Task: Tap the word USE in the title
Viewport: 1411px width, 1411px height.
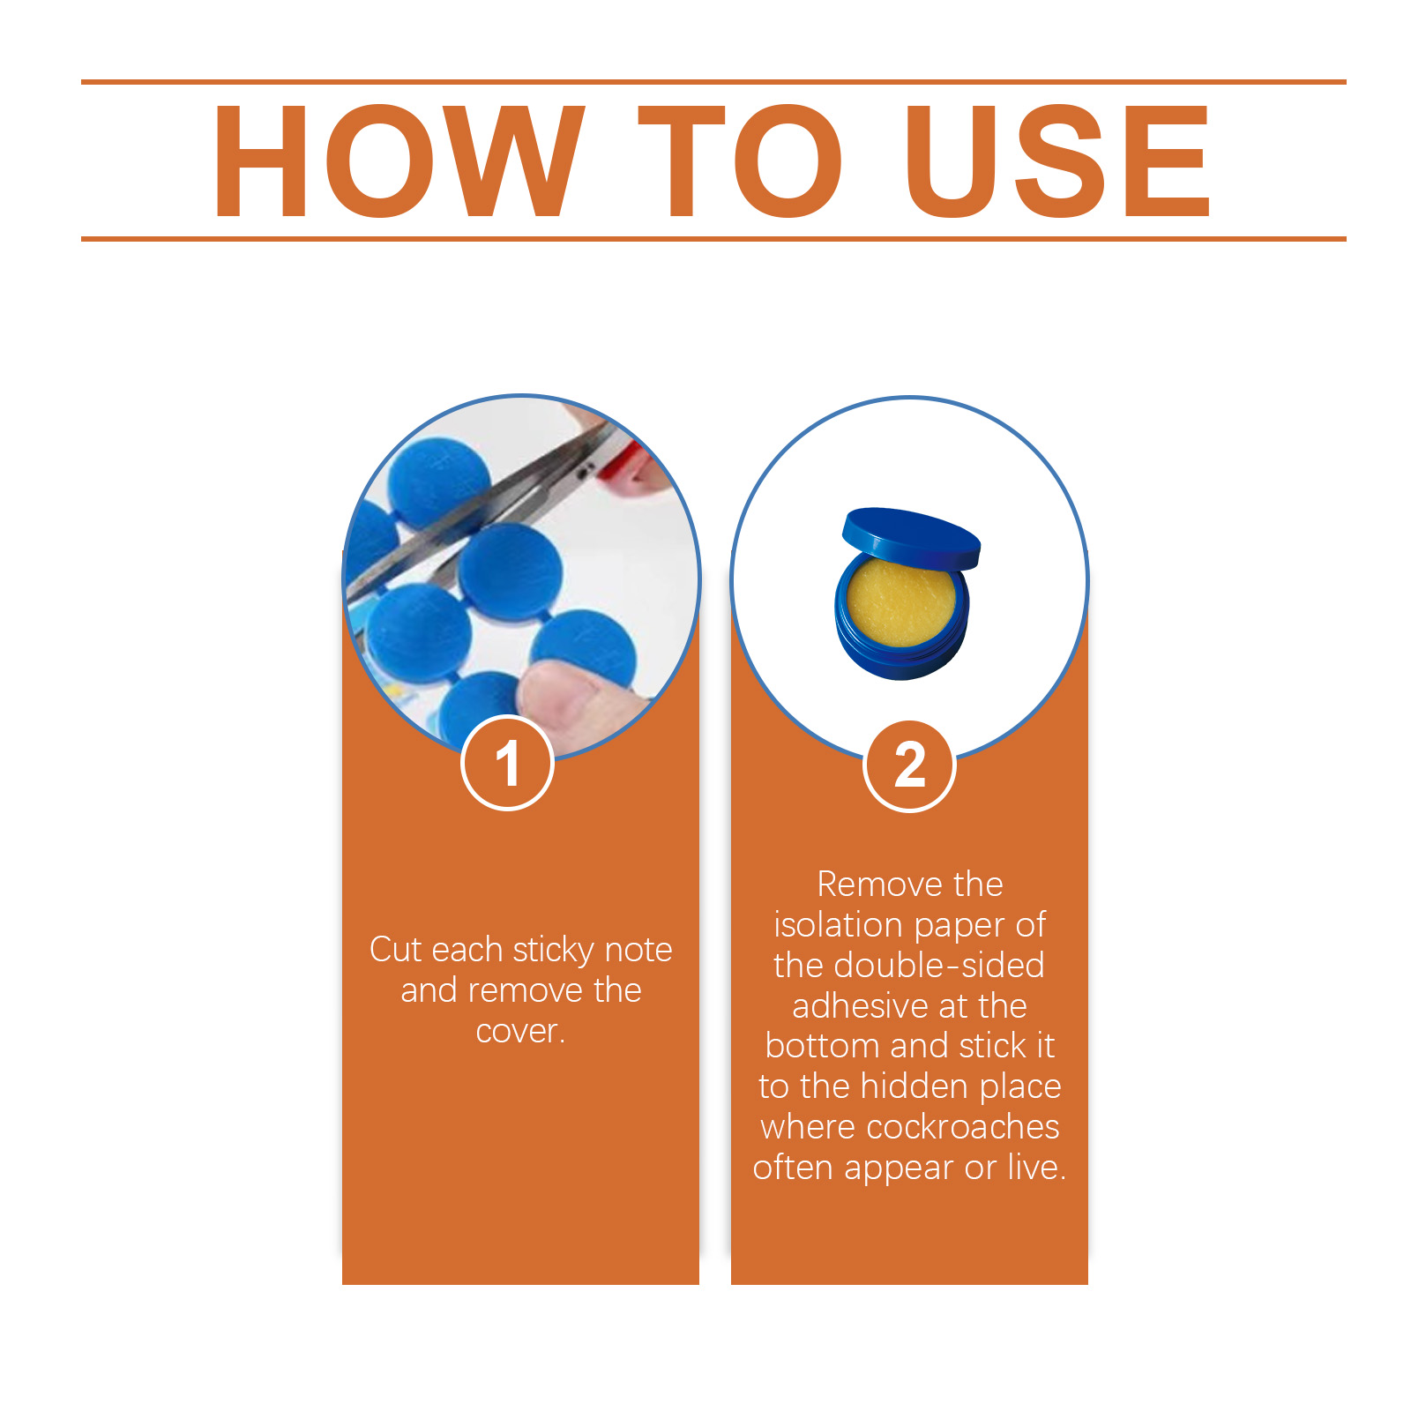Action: [1058, 161]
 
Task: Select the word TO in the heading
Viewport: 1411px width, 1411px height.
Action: [739, 161]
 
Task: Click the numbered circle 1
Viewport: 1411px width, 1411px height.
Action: [507, 763]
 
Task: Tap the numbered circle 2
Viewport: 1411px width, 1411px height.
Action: [909, 765]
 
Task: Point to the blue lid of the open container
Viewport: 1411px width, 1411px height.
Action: [911, 536]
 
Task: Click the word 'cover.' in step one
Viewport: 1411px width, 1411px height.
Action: [520, 1031]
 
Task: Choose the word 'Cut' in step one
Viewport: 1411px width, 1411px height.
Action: [396, 950]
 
